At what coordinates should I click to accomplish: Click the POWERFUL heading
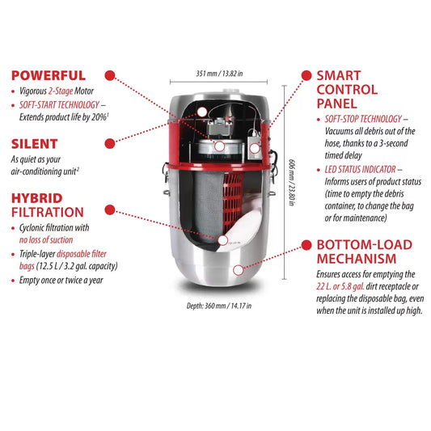(49, 75)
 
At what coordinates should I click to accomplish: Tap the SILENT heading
(34, 144)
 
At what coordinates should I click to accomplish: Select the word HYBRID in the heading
(37, 198)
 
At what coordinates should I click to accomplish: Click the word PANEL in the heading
(336, 104)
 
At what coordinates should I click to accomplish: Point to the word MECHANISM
(357, 259)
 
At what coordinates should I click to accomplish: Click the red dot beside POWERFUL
(110, 75)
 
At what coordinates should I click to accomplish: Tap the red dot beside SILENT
(110, 143)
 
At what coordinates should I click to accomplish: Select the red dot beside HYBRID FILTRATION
(110, 209)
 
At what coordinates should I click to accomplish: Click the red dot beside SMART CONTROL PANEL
(306, 75)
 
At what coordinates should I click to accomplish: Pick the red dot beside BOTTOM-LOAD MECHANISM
(306, 245)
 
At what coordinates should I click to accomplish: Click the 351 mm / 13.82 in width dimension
(219, 74)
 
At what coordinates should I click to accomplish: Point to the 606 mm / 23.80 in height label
(292, 182)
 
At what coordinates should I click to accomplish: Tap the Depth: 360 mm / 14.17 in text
(219, 306)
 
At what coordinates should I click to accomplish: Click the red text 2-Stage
(61, 91)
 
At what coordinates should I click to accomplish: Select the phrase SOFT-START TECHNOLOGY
(59, 105)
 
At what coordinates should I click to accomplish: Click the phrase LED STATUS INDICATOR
(360, 169)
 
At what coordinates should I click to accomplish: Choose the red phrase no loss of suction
(46, 239)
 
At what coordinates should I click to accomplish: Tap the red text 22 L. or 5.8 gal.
(340, 286)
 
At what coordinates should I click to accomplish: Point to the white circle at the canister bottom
(239, 270)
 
